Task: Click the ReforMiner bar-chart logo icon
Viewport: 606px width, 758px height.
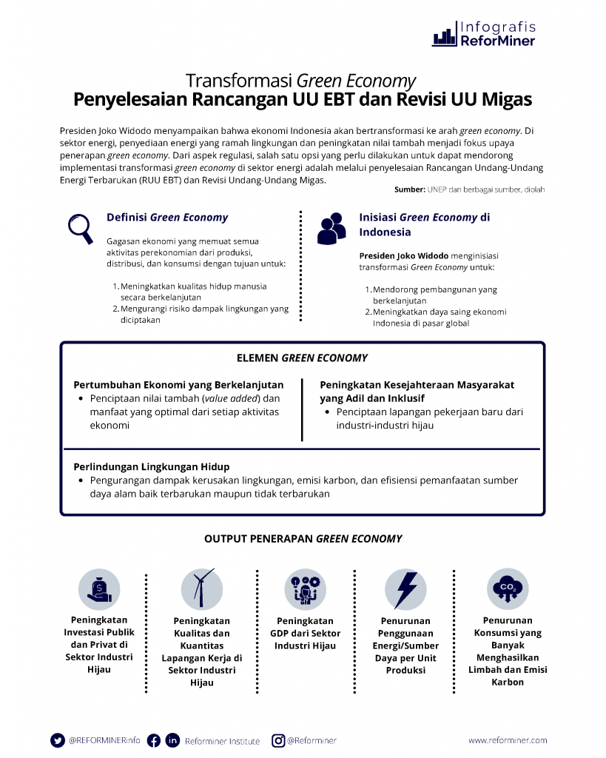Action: tap(444, 36)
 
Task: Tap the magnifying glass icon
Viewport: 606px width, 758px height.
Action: tap(80, 228)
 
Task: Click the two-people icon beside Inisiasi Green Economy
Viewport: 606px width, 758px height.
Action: tap(331, 229)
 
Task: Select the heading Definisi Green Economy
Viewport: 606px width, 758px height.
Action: tap(167, 218)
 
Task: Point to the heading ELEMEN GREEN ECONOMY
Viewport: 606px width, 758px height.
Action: tap(302, 358)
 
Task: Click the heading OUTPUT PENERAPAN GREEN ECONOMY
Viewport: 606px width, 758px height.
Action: tap(303, 539)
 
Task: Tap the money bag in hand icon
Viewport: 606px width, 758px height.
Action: tap(99, 589)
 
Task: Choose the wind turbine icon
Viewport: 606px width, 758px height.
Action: tap(201, 589)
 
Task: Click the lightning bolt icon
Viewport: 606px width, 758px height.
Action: tap(405, 589)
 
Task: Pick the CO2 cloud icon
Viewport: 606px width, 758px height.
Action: tap(508, 589)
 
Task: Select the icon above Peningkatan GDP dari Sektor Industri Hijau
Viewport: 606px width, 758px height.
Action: tap(305, 589)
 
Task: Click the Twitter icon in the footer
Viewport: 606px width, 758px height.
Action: tap(58, 740)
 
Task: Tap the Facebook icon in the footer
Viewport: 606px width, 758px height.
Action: tap(154, 740)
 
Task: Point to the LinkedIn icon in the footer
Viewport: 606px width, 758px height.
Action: tap(172, 740)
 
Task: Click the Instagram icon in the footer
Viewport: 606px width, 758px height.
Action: tap(278, 740)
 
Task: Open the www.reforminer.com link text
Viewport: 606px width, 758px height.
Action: tap(508, 740)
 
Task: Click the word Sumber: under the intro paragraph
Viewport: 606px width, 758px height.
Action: tap(409, 190)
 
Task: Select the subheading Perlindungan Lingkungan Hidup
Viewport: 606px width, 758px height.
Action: tap(152, 467)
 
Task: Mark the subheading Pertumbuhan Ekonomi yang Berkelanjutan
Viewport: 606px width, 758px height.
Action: tap(178, 385)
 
